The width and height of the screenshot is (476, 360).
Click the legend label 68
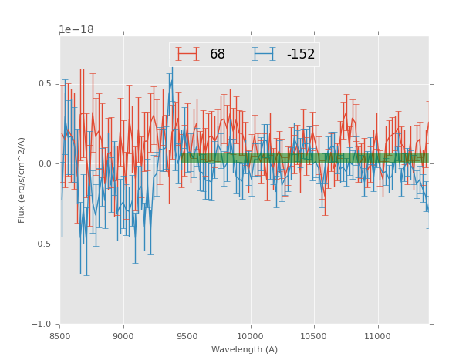[x=218, y=55]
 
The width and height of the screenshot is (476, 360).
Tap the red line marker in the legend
[x=187, y=55]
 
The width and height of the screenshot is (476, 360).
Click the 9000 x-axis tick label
[x=123, y=336]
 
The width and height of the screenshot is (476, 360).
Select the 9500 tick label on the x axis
[x=187, y=336]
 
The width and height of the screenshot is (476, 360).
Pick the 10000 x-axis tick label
[x=250, y=336]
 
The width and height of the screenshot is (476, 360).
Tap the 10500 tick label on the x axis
[x=314, y=336]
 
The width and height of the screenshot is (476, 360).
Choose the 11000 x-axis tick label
[x=377, y=336]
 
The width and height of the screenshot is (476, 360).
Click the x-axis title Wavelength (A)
[x=245, y=349]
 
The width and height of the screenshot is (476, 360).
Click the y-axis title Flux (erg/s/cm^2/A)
[x=22, y=180]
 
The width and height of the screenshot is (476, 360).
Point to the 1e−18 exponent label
[x=76, y=30]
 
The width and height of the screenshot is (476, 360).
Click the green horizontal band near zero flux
[x=309, y=158]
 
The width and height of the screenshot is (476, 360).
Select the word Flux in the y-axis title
[x=22, y=214]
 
